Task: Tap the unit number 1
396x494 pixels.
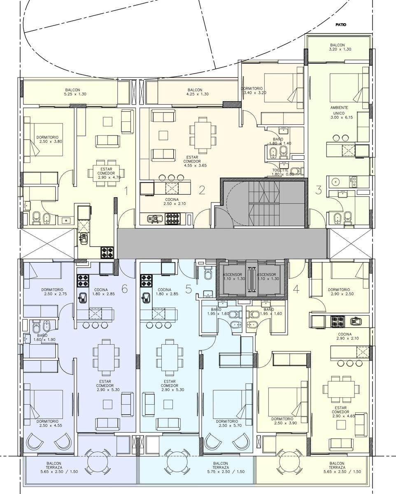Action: [126, 191]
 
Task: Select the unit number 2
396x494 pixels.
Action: [202, 190]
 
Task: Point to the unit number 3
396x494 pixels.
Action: [319, 190]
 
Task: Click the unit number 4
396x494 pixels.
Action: [296, 289]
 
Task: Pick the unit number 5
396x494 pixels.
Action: [189, 289]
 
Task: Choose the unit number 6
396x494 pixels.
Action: [124, 289]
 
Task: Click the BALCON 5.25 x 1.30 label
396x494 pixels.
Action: [75, 92]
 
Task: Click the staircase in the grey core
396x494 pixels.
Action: [264, 203]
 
